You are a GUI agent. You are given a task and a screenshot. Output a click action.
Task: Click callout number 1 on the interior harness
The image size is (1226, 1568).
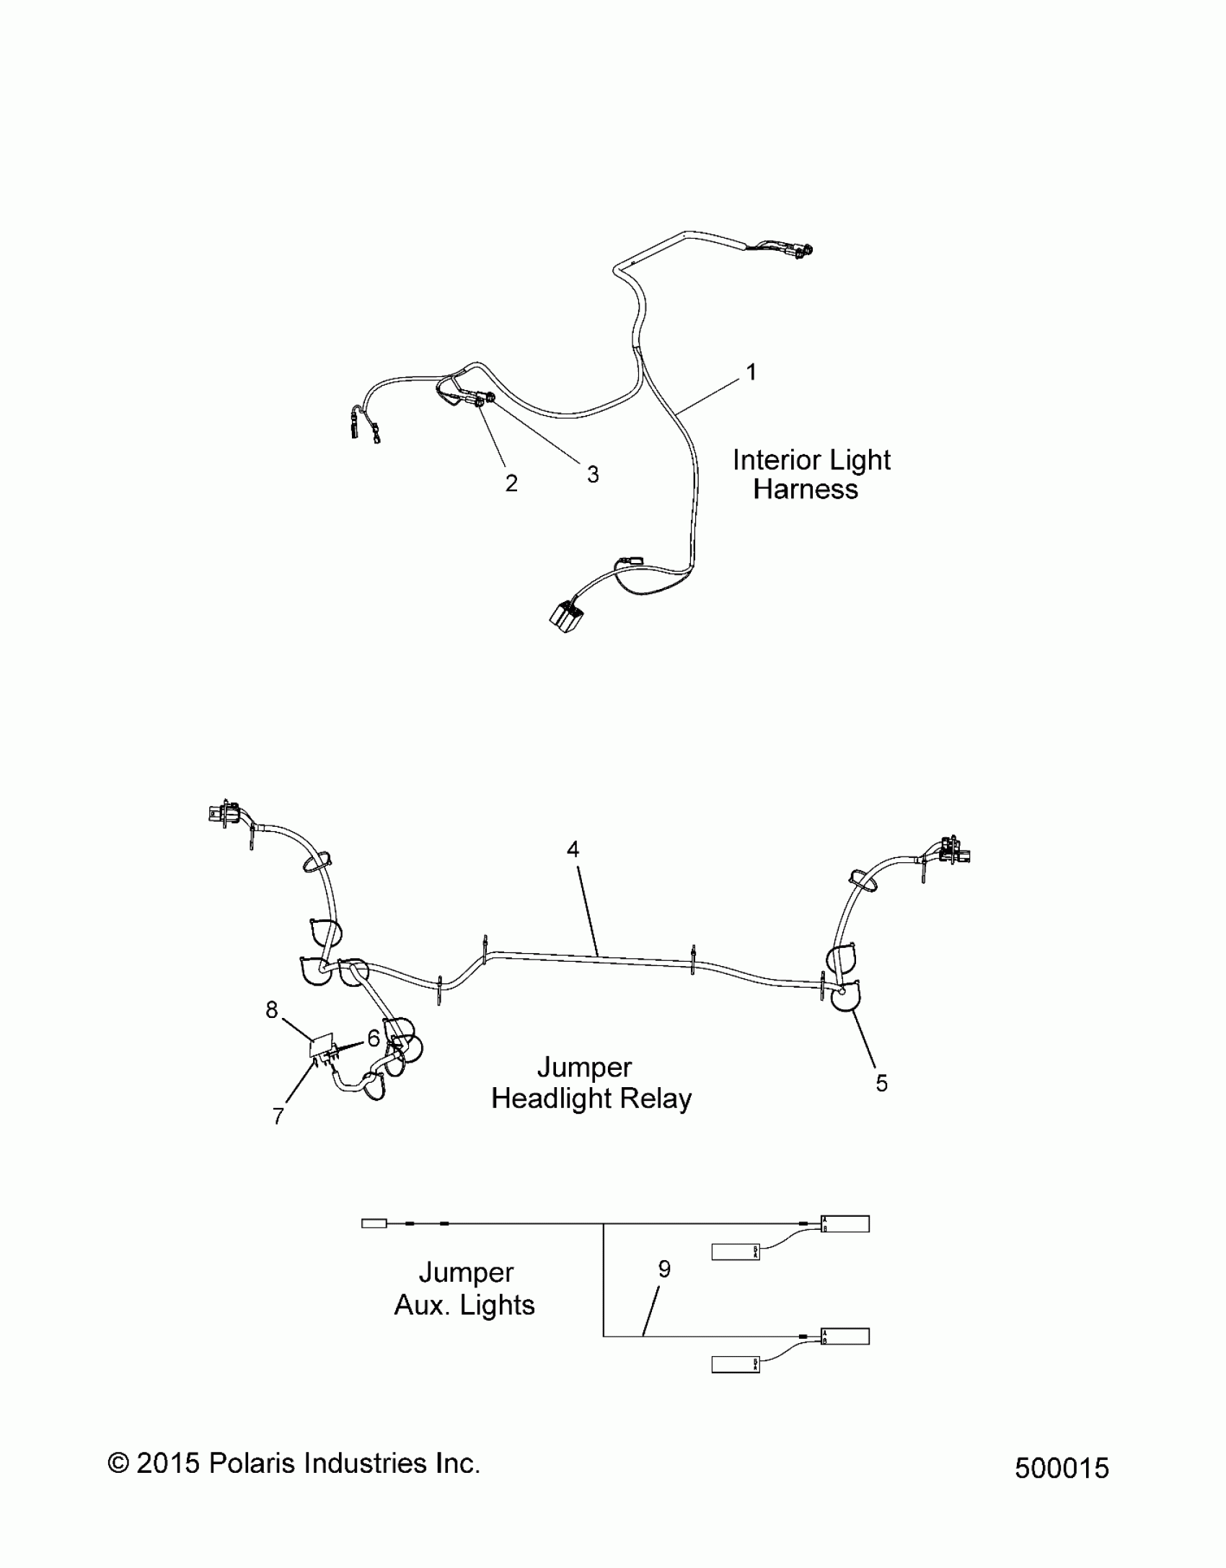coord(751,373)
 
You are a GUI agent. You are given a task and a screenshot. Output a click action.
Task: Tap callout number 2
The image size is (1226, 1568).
coord(511,483)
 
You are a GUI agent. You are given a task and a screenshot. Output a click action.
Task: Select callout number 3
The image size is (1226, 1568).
coord(592,474)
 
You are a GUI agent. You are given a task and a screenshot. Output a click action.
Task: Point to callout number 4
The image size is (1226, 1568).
coord(573,850)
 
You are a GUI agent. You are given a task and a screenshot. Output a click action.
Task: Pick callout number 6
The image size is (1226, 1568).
coord(373,1038)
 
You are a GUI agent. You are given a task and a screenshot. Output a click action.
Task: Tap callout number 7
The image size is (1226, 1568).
coord(278,1116)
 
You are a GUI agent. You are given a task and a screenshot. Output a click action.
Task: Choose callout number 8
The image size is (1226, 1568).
coord(271,1010)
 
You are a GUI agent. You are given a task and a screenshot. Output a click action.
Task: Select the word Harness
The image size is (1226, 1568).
coord(806,490)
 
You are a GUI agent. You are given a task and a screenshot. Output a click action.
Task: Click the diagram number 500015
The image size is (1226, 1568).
coord(1062,1469)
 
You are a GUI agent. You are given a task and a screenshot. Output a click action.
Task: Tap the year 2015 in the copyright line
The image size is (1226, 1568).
coord(168,1463)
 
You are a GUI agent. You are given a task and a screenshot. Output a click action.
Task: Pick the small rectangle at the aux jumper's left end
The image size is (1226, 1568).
coord(374,1223)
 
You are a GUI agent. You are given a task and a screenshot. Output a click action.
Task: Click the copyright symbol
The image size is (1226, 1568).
coord(118,1464)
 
